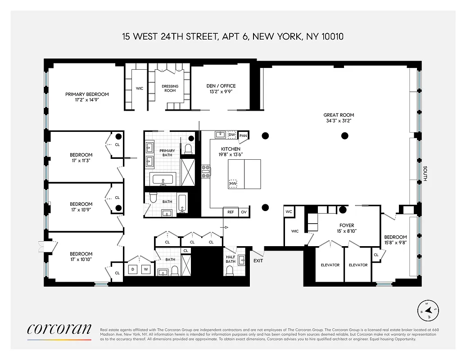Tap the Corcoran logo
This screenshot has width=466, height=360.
point(59,329)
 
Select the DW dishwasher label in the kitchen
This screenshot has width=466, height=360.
point(232,135)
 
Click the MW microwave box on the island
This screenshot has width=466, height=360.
point(233,184)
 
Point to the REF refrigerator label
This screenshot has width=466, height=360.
point(231,212)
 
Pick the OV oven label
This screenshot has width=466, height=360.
point(244,212)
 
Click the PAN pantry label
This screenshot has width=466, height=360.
point(243,135)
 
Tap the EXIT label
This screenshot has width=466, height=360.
point(258,261)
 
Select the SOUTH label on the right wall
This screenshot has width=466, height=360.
point(425,174)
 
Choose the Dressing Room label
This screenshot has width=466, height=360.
point(170,88)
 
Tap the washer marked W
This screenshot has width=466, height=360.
point(145,269)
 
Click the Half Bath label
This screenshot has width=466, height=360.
point(231,259)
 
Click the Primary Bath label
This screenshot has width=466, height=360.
point(167,153)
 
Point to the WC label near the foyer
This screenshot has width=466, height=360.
point(289,211)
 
